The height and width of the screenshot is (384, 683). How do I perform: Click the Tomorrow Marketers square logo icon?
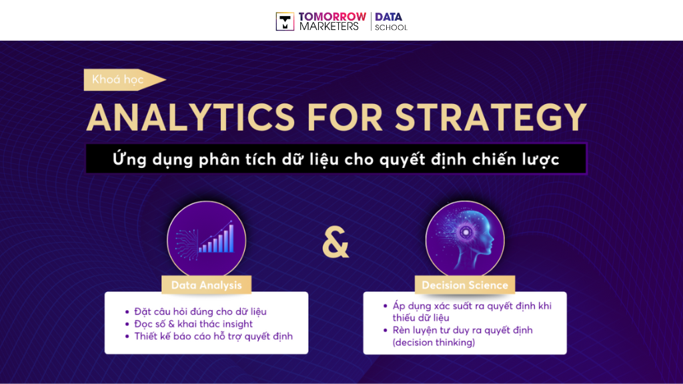click(285, 21)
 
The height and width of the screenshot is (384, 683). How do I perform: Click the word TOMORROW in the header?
click(333, 16)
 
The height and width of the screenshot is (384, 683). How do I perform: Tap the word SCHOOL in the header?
click(391, 27)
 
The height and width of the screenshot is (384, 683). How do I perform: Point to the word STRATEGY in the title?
click(490, 117)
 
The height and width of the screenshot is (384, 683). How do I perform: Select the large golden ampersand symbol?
click(335, 244)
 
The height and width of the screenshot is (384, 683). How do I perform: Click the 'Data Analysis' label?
click(206, 285)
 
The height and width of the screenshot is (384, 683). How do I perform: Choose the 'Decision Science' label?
click(465, 285)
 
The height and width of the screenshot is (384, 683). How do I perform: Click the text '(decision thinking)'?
click(434, 343)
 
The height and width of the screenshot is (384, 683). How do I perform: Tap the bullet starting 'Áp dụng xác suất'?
click(472, 306)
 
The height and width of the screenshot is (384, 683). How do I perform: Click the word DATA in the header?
click(389, 16)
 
